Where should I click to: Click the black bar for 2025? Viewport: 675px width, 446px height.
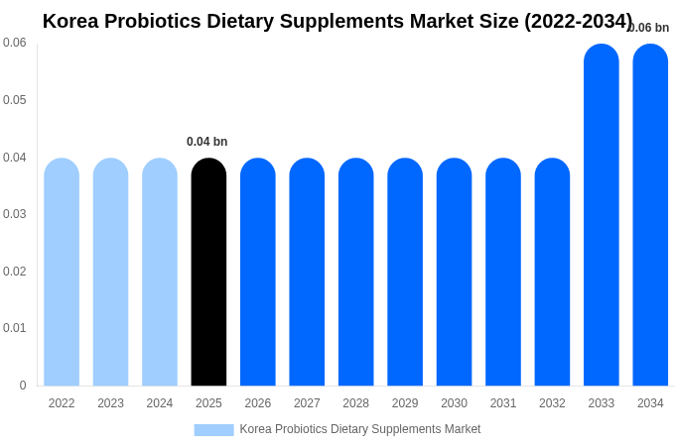(x=208, y=273)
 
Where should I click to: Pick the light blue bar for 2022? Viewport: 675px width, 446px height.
(x=62, y=273)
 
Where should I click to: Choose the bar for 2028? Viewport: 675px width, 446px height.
(x=355, y=273)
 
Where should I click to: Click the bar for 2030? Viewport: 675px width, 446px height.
(x=454, y=273)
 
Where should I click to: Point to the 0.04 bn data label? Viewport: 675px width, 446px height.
(x=206, y=142)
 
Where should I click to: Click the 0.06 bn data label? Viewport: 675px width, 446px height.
(x=649, y=28)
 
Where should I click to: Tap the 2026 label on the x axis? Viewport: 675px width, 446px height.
(x=258, y=403)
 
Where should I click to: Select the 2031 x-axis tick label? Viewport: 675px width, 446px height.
(x=503, y=403)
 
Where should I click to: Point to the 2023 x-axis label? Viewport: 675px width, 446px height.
(x=110, y=403)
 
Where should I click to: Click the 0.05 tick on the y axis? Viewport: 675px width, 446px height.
(x=15, y=100)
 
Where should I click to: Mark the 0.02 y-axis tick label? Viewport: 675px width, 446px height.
(x=15, y=272)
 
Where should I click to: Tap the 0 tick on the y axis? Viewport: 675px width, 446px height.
(x=23, y=386)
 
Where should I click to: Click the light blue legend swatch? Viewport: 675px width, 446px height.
(x=213, y=430)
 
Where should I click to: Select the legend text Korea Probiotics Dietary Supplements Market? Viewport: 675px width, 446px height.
(x=359, y=429)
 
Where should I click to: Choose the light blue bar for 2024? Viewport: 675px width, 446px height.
(x=160, y=273)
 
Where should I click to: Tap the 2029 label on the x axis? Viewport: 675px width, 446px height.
(x=405, y=403)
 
